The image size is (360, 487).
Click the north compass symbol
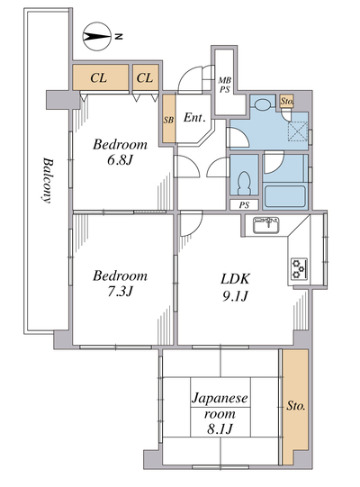(97, 37)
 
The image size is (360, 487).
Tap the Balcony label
(47, 180)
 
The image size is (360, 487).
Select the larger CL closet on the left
(100, 77)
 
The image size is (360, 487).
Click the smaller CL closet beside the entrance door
(146, 77)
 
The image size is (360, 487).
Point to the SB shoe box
(169, 119)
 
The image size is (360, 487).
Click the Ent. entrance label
(194, 117)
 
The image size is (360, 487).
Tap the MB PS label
(225, 86)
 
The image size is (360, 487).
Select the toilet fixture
(245, 184)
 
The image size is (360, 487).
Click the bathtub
(284, 196)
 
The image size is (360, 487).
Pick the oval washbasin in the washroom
(264, 104)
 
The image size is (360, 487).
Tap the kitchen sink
(265, 225)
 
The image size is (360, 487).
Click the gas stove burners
(300, 268)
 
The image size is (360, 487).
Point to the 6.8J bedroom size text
(121, 160)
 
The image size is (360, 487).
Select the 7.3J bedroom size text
(121, 292)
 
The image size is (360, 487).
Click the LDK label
(235, 279)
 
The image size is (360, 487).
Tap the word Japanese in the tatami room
(220, 399)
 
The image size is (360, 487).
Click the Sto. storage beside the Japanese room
(295, 406)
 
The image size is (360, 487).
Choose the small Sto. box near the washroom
(287, 101)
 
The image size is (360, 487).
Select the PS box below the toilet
(244, 205)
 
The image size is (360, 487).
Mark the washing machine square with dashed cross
(298, 131)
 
